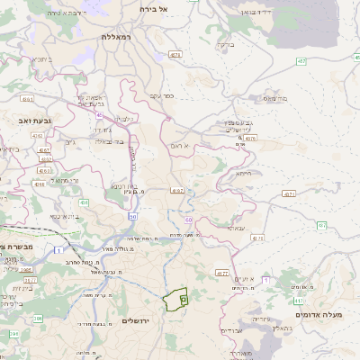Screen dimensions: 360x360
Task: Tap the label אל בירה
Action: click(x=154, y=8)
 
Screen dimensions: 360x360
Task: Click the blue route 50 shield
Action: click(x=132, y=216)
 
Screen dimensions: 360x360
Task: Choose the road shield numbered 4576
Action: click(x=251, y=139)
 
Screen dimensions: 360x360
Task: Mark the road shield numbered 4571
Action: click(x=289, y=193)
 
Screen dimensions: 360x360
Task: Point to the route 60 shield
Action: click(x=189, y=219)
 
